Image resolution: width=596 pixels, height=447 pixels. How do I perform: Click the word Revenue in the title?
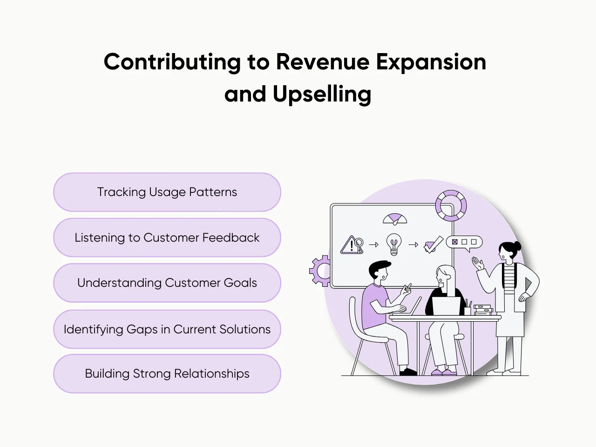pos(323,62)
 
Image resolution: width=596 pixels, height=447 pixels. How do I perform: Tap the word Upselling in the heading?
pos(322,94)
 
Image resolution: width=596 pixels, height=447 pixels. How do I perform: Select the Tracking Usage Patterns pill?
pos(167,192)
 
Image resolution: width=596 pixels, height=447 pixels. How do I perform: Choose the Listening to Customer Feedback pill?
pos(167,237)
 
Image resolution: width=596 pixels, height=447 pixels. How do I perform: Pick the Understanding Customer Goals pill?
pos(167,283)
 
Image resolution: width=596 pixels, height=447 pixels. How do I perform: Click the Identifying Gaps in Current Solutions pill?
pos(167,329)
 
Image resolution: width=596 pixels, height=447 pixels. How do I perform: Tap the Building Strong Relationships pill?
pos(167,373)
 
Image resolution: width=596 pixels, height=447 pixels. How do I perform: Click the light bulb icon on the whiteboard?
pos(394,244)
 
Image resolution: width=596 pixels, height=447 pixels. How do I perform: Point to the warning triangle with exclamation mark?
pos(350,245)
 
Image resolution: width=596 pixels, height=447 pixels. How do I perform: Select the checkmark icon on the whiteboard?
pos(433,244)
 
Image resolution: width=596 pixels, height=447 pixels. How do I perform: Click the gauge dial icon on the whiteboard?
pos(395,218)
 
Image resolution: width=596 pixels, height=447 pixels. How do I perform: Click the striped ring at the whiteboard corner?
pos(451,205)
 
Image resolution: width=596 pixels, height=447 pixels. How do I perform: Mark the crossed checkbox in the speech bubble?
pos(455,242)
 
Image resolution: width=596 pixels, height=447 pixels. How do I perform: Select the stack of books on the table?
pos(483,310)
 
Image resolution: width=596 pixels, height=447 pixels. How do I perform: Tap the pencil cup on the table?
pos(467,309)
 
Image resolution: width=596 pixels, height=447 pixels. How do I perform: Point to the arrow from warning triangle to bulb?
pos(373,244)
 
